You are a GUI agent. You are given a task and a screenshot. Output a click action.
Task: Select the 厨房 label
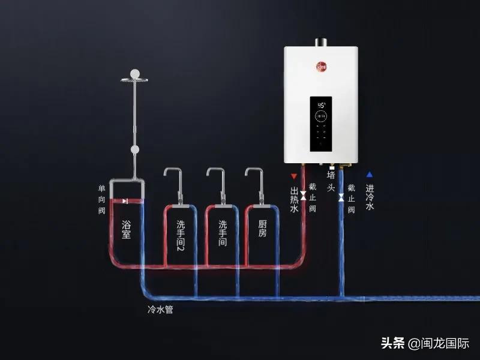pyautogui.click(x=262, y=229)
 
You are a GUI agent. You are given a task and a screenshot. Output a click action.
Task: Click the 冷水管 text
pyautogui.click(x=161, y=310)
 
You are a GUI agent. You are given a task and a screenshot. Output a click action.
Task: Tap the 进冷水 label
pyautogui.click(x=370, y=198)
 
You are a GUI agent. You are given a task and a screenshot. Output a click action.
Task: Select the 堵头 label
pyautogui.click(x=330, y=180)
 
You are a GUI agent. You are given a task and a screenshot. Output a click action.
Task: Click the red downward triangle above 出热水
pyautogui.click(x=293, y=176)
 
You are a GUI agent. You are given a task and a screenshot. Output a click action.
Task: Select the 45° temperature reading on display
pyautogui.click(x=321, y=104)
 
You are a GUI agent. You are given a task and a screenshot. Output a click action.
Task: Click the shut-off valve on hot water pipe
pyautogui.click(x=304, y=196)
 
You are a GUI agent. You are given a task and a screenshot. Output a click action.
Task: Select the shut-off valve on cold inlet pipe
pyautogui.click(x=341, y=197)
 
